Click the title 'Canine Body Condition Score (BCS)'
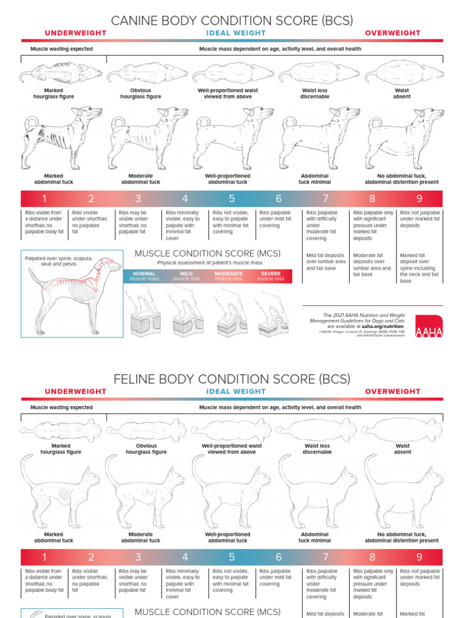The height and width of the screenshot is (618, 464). coord(232,21)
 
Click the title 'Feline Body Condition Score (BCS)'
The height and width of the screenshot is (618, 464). coord(232,379)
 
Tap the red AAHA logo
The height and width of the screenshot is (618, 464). coord(429,326)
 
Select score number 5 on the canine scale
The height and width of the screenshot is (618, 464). coord(232,199)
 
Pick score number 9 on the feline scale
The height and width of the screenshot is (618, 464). coord(419,557)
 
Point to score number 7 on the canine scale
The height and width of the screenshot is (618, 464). coord(326,199)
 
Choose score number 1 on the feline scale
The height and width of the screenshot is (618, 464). coord(44,557)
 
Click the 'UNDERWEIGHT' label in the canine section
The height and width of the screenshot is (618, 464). coord(76,33)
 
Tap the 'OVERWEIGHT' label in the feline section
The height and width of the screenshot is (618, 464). coord(392,392)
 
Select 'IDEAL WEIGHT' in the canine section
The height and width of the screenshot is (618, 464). coord(236,33)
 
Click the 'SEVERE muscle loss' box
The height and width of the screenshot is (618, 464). coord(271,276)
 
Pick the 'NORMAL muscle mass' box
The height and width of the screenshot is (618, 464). coord(144,276)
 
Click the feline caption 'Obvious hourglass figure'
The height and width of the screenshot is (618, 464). coord(146,449)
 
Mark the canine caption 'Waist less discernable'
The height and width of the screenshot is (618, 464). coord(315,94)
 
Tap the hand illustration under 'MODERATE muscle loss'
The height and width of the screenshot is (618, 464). coord(227,311)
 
